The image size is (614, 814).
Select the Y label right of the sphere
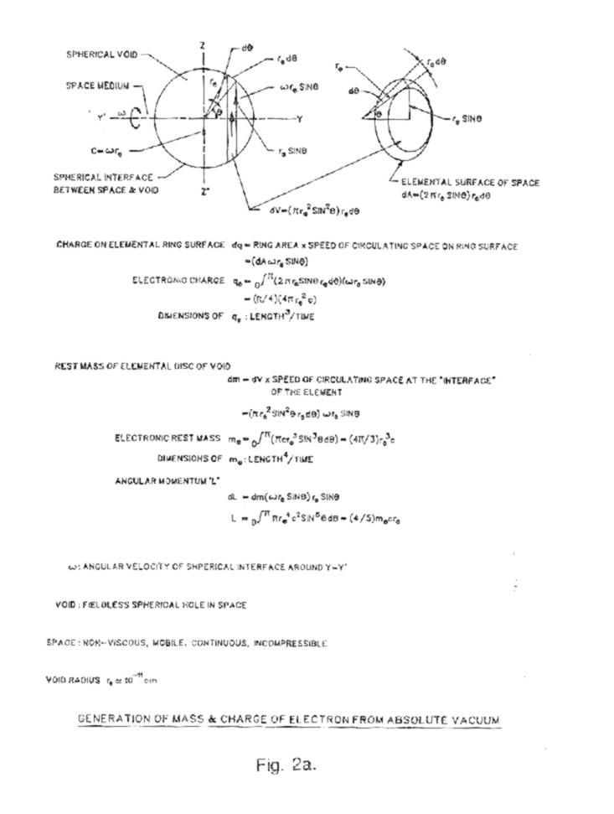pyautogui.click(x=298, y=119)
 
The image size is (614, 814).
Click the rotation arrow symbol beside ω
pyautogui.click(x=136, y=119)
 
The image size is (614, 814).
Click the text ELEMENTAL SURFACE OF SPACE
pyautogui.click(x=470, y=182)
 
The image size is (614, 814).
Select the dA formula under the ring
pyautogui.click(x=446, y=194)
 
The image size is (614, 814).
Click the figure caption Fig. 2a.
pyautogui.click(x=286, y=765)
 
